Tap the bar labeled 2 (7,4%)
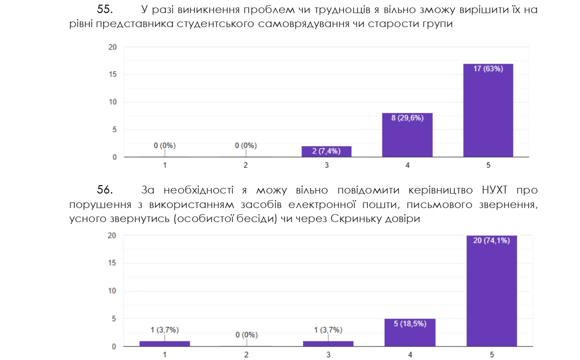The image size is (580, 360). pos(326,151)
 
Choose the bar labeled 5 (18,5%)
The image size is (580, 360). pos(410,332)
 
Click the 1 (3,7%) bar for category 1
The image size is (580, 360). pos(165,344)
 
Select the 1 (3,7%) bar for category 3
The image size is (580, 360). pos(328,344)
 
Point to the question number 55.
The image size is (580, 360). pos(105,10)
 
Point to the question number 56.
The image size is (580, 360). pos(105,190)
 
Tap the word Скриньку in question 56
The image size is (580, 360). pos(353,218)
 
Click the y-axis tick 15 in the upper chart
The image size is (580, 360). pos(112,74)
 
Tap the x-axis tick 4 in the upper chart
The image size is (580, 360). pos(408,165)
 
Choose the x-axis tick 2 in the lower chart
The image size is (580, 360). pos(246,354)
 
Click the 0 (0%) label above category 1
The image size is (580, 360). pos(165,145)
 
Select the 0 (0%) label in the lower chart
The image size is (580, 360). pos(246,335)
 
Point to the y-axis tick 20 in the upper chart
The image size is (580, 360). pos(112,47)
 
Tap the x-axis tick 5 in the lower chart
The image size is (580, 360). pos(492,354)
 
